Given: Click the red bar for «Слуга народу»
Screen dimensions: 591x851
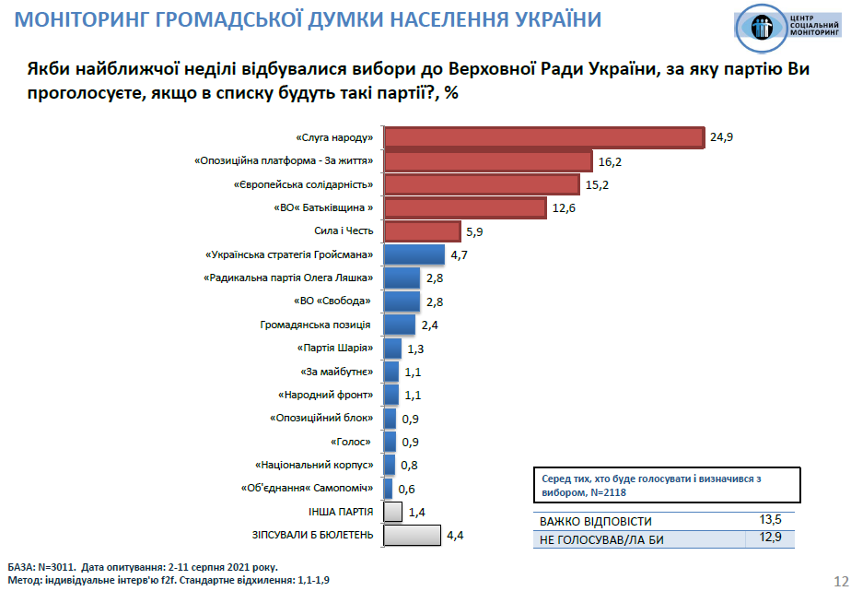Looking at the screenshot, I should click(x=543, y=137).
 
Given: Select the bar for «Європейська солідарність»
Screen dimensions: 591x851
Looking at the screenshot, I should click(x=481, y=184).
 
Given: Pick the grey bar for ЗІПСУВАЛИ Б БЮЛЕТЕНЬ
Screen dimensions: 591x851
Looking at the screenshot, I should click(x=412, y=535).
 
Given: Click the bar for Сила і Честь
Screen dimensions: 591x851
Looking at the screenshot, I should click(x=422, y=231).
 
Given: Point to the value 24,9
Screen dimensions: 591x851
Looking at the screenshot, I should click(x=722, y=137).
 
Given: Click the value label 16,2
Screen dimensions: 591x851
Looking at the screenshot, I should click(x=610, y=161).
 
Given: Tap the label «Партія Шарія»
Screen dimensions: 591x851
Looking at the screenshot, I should click(x=335, y=349).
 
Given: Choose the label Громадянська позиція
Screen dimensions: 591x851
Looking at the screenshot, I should click(x=316, y=325).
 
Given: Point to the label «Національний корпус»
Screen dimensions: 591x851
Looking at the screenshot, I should click(x=313, y=466).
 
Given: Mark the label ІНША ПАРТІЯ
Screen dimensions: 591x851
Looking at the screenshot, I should click(x=341, y=511).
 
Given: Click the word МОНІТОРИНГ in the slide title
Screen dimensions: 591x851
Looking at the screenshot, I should click(x=62, y=20).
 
